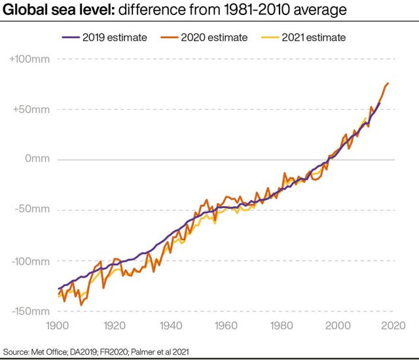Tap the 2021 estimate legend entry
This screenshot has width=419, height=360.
pos(307,37)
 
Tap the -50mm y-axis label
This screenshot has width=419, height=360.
pos(33,210)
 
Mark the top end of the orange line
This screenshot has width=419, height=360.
pos(388,83)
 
